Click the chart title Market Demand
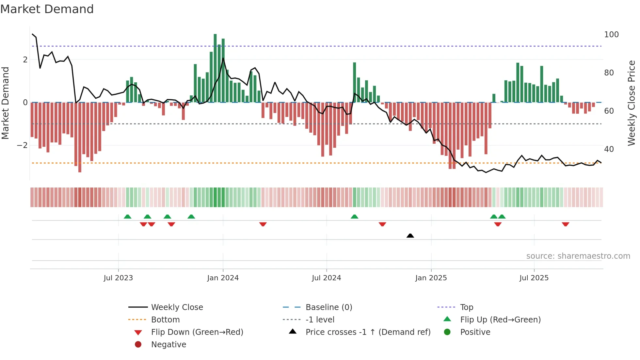click(x=47, y=9)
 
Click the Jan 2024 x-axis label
click(x=223, y=278)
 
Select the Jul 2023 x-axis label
click(x=118, y=278)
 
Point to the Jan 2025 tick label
click(x=431, y=278)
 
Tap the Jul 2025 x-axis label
click(x=534, y=278)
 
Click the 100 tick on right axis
click(x=611, y=35)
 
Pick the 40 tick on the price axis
click(x=609, y=149)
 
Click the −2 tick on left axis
click(x=22, y=145)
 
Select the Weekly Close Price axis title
click(x=632, y=103)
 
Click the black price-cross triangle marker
click(x=410, y=236)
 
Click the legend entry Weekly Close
click(x=177, y=307)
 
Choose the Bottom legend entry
click(x=165, y=320)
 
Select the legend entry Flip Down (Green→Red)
click(x=197, y=332)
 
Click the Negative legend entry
click(x=168, y=345)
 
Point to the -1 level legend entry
click(x=320, y=320)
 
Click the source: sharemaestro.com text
click(x=578, y=256)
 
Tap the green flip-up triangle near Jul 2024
click(x=354, y=217)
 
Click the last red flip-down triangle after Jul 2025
click(x=566, y=224)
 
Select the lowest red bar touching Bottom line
click(x=80, y=137)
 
